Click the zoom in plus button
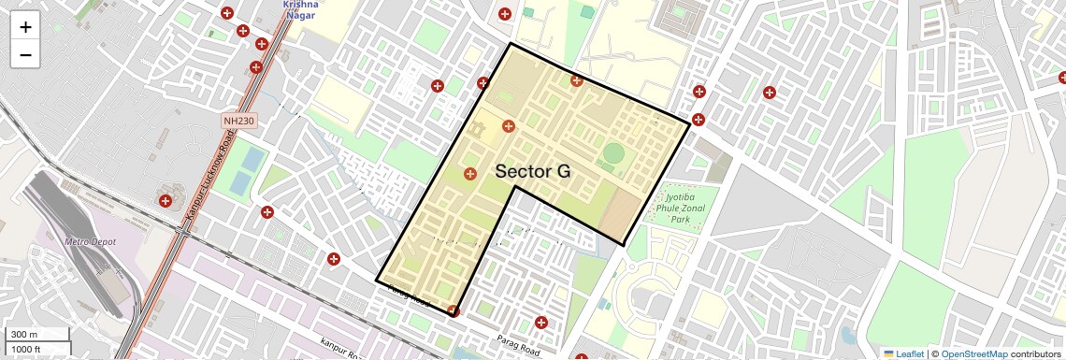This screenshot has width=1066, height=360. (x=25, y=27)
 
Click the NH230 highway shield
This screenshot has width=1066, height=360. (x=239, y=121)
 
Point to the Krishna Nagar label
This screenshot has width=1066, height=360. (x=300, y=9)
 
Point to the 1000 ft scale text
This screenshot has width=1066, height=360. (x=28, y=349)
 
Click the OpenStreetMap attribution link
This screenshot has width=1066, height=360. (x=973, y=353)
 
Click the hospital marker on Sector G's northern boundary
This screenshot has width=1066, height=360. (x=577, y=81)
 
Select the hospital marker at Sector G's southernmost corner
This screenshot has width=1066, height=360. (x=454, y=310)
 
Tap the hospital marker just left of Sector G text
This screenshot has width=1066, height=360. (x=470, y=174)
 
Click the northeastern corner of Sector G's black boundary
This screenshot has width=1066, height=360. (x=690, y=123)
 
